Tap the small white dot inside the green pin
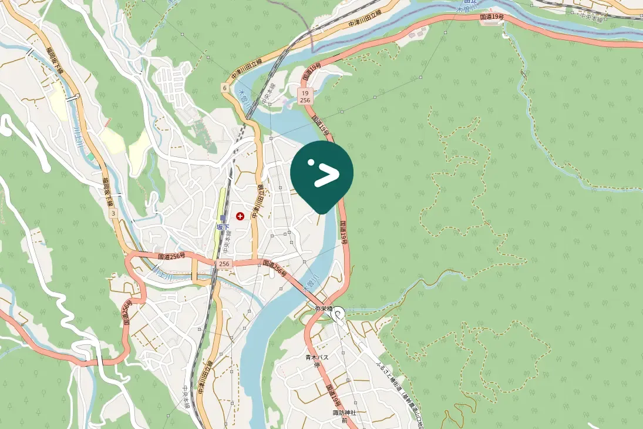[312, 163]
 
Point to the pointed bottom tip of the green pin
[321, 212]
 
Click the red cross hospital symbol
[240, 217]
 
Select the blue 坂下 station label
[222, 227]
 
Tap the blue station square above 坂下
[223, 219]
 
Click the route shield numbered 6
[224, 88]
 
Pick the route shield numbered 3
[113, 213]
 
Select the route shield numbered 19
[304, 93]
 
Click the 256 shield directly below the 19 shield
[304, 100]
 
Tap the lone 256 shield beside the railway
[224, 264]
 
